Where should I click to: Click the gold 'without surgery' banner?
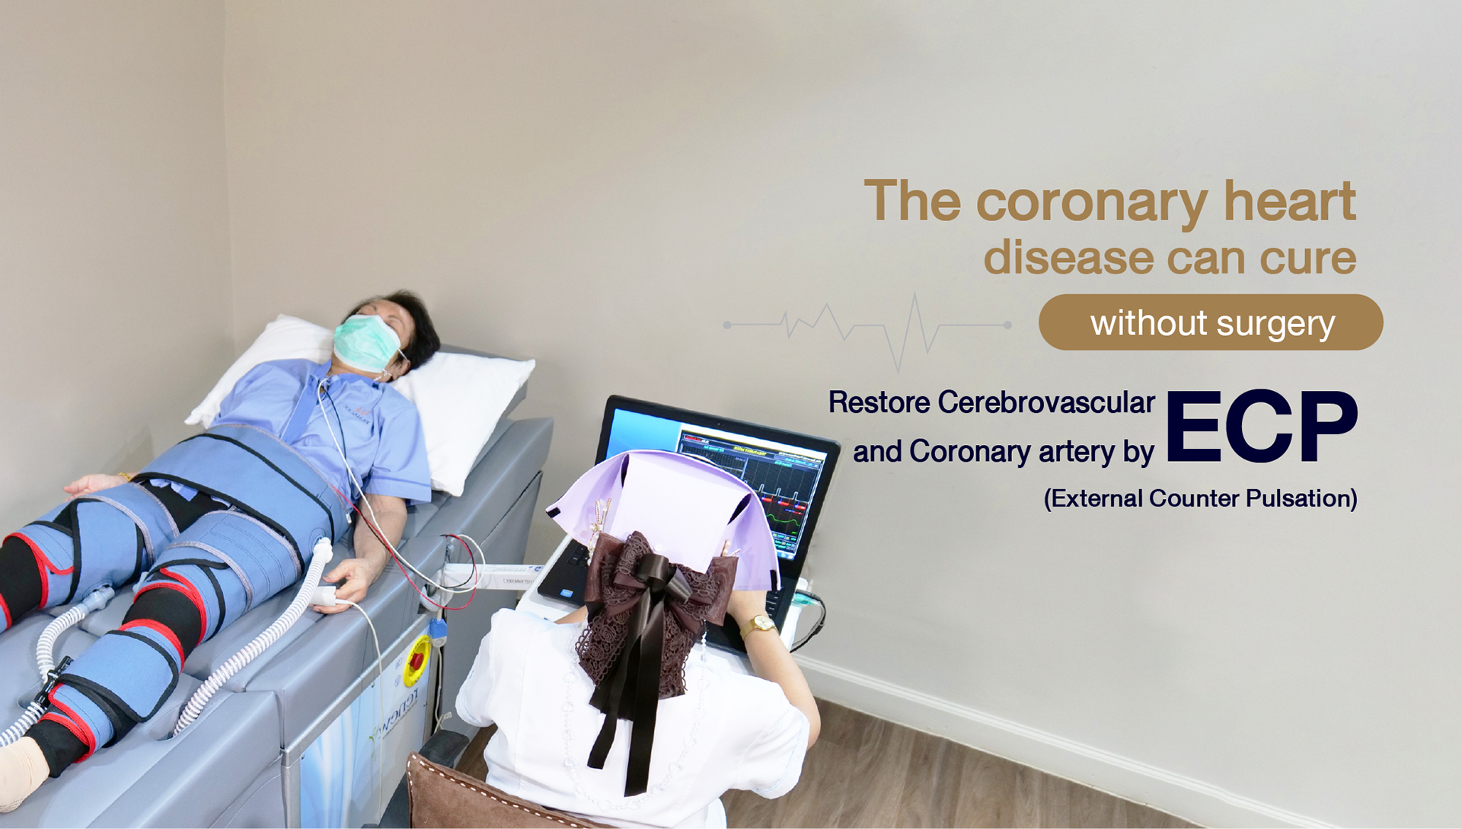point(1211,322)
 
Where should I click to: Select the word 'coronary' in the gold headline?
point(1090,202)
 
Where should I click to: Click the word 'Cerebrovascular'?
point(1046,402)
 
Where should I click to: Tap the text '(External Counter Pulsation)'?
point(1201,498)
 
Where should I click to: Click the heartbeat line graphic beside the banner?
point(867,328)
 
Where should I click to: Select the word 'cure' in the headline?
point(1307,258)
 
